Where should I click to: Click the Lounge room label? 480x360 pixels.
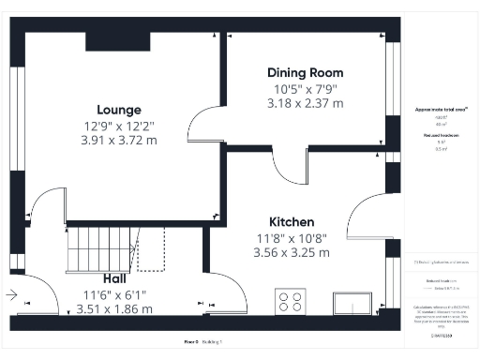point(124,108)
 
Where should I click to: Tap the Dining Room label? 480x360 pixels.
point(305,72)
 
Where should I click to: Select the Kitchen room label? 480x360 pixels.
point(291,222)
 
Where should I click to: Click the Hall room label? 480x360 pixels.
point(114,277)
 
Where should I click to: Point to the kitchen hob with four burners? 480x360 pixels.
point(291,302)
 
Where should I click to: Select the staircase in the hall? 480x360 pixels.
point(102,248)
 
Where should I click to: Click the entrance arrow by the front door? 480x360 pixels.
point(10,295)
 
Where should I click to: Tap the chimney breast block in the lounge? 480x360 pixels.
point(118,40)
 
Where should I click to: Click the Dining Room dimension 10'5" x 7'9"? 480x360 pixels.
point(305,89)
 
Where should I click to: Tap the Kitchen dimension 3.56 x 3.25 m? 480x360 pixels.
point(291,252)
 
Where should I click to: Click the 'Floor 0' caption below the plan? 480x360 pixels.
point(191,342)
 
